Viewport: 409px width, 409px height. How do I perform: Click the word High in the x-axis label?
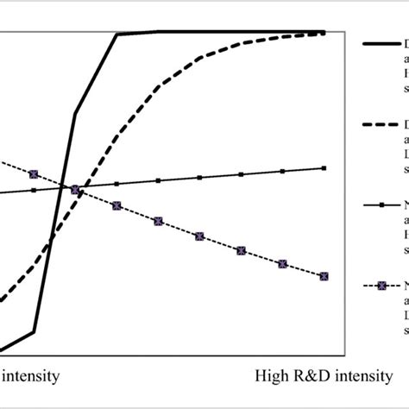[274, 377]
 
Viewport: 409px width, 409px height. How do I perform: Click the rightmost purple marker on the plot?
[324, 276]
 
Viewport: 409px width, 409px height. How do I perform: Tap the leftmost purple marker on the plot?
[34, 174]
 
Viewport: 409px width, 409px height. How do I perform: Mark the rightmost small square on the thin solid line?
[324, 168]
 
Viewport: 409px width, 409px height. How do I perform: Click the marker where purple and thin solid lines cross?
[75, 189]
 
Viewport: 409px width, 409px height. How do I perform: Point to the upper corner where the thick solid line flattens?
[117, 35]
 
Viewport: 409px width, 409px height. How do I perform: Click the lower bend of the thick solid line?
[34, 331]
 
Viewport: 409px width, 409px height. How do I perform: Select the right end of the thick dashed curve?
[324, 34]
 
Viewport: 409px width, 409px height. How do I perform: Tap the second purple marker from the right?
[283, 262]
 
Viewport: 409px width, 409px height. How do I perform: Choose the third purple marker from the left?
[116, 205]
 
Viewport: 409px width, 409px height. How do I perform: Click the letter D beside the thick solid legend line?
[406, 42]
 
